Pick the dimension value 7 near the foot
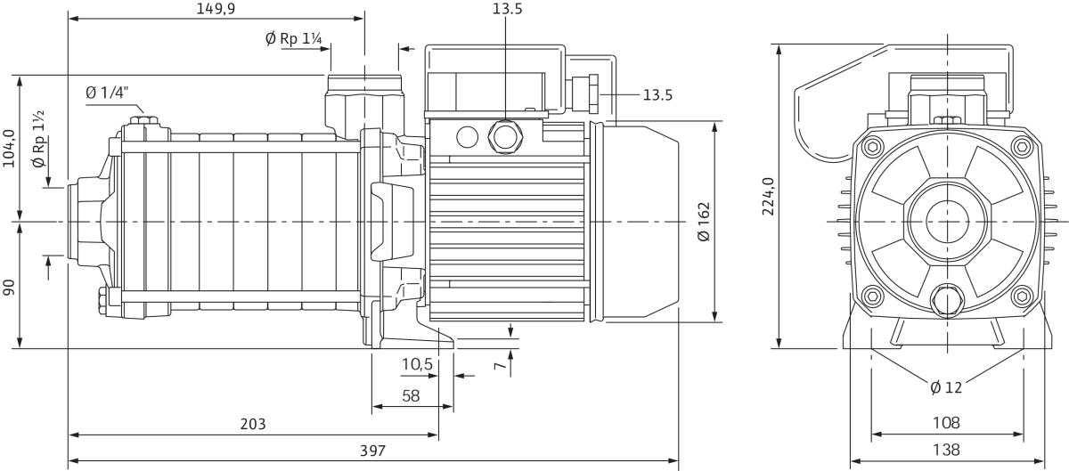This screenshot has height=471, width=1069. click(502, 365)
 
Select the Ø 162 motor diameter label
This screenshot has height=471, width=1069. click(704, 222)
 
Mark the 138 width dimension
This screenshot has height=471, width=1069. click(946, 450)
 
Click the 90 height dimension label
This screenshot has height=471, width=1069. click(10, 288)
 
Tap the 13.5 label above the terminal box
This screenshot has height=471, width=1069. click(506, 10)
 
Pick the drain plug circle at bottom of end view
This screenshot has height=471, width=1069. click(945, 299)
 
